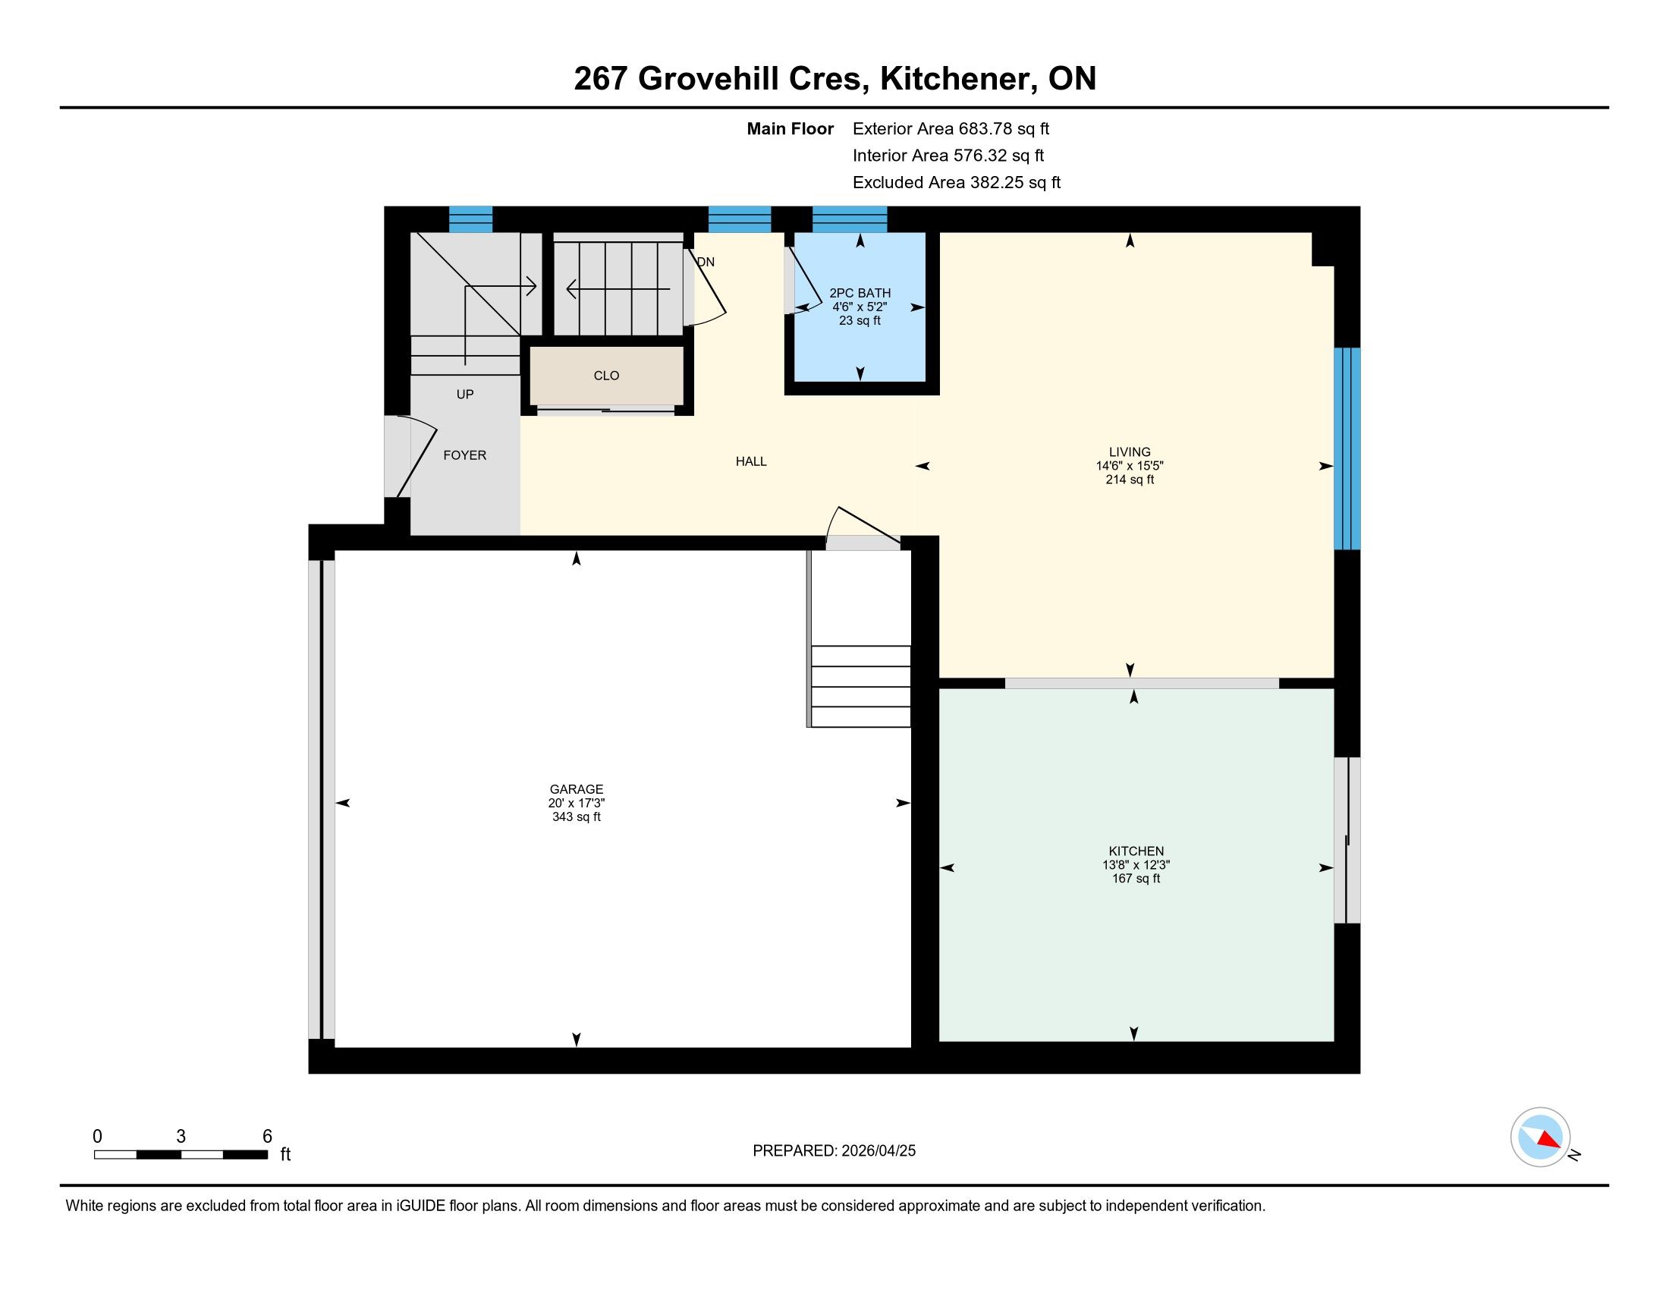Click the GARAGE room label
[x=577, y=788]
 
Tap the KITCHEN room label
[x=1136, y=851]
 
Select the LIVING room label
[x=1130, y=451]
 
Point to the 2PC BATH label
[x=860, y=293]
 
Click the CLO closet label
[x=606, y=375]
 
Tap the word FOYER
[x=464, y=455]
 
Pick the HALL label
[x=751, y=461]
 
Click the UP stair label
[x=464, y=395]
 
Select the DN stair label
[x=706, y=262]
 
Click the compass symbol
[x=1540, y=1137]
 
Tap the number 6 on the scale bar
[x=268, y=1136]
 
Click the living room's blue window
[x=1347, y=448]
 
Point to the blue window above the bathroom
[x=850, y=219]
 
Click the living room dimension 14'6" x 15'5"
[x=1130, y=465]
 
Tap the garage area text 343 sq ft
[x=577, y=817]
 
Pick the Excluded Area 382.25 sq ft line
[x=957, y=183]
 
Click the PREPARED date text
[x=834, y=1150]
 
